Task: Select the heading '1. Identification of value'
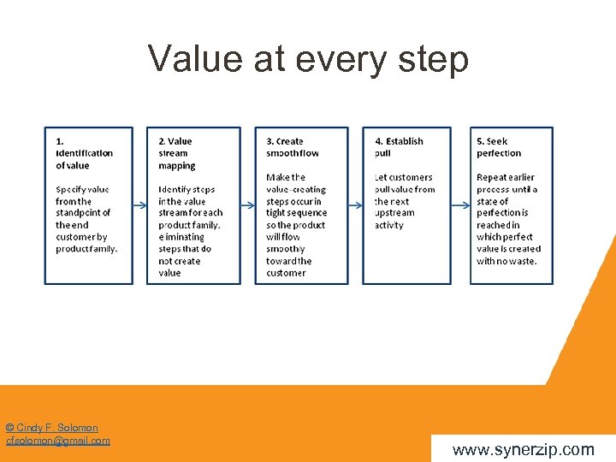pos(84,153)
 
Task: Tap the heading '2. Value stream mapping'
pos(177,153)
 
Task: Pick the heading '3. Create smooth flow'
pos(292,147)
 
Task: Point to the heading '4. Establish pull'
pos(399,147)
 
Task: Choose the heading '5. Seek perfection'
pos(498,147)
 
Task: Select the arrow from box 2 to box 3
pos(247,205)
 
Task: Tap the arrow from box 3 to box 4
pos(355,205)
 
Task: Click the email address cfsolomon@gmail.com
pos(58,441)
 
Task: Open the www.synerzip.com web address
pos(523,449)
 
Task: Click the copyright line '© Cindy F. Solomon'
pos(51,428)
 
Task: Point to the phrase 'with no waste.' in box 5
pos(506,261)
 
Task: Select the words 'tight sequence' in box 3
pos(296,213)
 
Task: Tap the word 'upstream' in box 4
pos(394,213)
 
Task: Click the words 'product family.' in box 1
pos(86,249)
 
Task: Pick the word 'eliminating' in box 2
pos(181,237)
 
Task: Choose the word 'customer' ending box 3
pos(286,273)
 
